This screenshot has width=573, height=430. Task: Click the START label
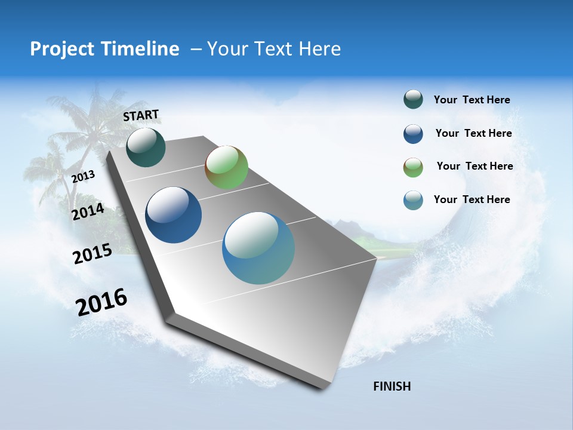141,115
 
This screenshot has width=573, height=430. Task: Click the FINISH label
392,386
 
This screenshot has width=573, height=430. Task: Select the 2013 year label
83,176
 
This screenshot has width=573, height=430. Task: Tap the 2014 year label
88,211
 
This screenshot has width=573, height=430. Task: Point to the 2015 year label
92,254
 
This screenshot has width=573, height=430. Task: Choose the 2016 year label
101,302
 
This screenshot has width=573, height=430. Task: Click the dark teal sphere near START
146,147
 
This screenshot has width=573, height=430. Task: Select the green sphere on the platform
226,167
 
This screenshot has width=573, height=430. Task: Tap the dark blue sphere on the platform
173,215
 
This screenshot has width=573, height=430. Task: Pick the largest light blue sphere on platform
258,248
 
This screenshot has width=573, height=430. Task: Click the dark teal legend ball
413,99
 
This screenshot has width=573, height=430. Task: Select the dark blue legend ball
413,134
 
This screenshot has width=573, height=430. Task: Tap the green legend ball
413,167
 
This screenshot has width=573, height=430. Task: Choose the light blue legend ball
413,200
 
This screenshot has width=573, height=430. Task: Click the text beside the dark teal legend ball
472,100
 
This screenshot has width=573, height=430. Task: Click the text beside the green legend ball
475,166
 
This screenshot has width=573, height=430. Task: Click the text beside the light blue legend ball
472,199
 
